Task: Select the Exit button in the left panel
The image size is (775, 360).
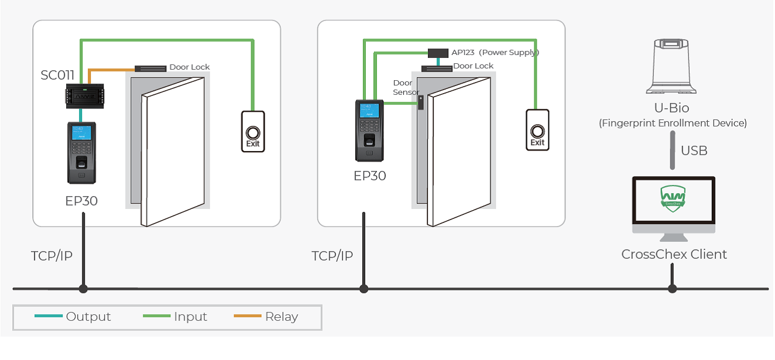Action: (x=253, y=132)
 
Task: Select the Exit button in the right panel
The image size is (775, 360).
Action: (x=537, y=131)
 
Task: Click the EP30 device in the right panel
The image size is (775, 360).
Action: (x=369, y=130)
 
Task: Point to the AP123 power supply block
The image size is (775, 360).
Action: (x=438, y=53)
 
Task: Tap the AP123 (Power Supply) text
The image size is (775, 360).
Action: (x=495, y=53)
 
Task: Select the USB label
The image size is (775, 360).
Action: (x=694, y=151)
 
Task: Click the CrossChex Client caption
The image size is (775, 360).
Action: (x=674, y=255)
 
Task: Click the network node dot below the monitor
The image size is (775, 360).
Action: (x=673, y=289)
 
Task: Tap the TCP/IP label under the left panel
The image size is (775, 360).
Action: (x=52, y=256)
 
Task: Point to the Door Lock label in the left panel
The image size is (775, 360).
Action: (x=189, y=67)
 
